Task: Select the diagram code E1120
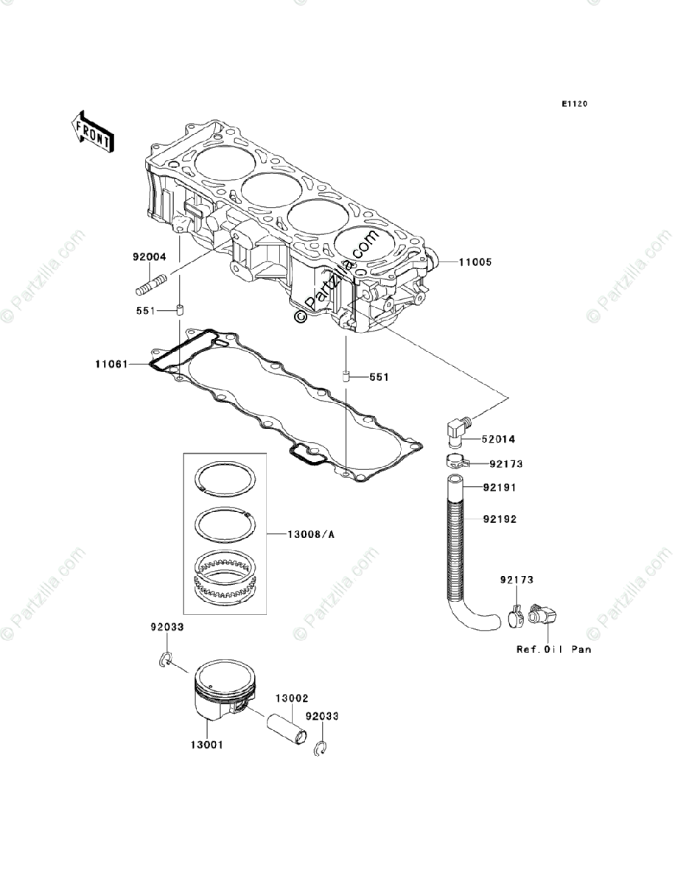[x=574, y=105]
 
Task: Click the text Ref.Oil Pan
[x=553, y=650]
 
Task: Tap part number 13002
[x=292, y=697]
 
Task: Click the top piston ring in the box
[x=225, y=478]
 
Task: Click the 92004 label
[x=150, y=257]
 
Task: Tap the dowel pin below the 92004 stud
[x=178, y=309]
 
